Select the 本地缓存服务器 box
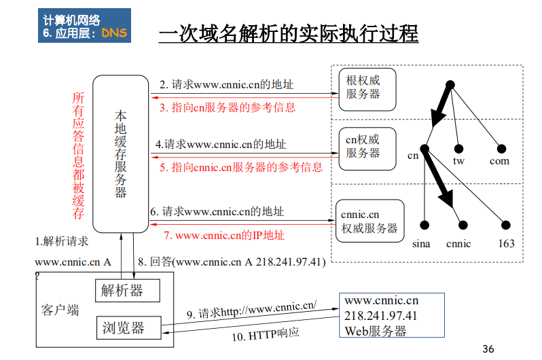(120, 153)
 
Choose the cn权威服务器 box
(366, 146)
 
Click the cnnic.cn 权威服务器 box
(369, 221)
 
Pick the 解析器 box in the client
(128, 291)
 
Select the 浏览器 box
(128, 328)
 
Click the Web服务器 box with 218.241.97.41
(391, 316)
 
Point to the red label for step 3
(228, 107)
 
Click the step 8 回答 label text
(232, 261)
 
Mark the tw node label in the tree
(458, 161)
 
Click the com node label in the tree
(499, 161)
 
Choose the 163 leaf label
(506, 243)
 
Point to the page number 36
(488, 349)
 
